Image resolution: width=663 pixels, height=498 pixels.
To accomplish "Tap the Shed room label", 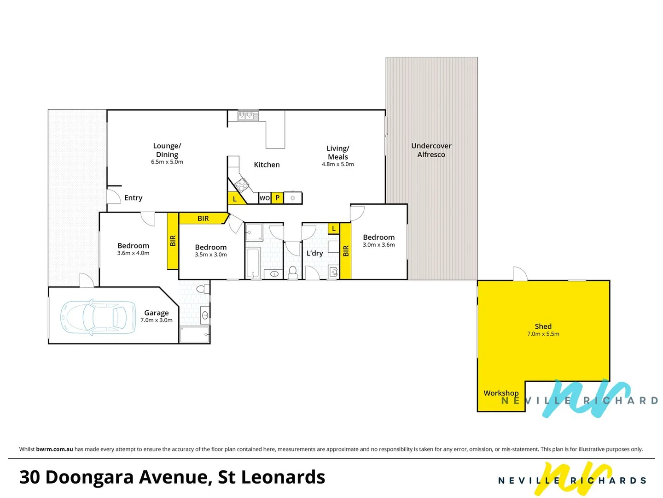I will (543, 326).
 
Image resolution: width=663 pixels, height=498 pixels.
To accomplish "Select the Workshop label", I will (500, 393).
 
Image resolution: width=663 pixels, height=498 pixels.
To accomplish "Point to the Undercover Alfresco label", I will (431, 150).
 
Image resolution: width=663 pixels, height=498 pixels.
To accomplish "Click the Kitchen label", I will (267, 165).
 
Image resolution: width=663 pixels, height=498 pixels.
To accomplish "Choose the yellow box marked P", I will (277, 198).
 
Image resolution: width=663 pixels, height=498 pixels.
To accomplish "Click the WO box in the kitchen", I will (264, 198).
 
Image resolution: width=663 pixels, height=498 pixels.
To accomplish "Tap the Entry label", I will (133, 198).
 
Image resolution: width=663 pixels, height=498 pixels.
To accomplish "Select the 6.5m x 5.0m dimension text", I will (167, 162).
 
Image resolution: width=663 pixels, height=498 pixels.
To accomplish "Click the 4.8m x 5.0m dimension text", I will (337, 164).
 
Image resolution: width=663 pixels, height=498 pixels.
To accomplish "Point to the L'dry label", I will (314, 253).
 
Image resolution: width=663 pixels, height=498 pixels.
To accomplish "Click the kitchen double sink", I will (248, 116).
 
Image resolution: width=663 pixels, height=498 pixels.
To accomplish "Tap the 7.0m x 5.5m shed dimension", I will (543, 334).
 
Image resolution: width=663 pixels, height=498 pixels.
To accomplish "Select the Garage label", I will (156, 313).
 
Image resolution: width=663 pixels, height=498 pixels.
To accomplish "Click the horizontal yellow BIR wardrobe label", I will (203, 219).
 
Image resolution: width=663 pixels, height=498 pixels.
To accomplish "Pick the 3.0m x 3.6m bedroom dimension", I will (378, 245).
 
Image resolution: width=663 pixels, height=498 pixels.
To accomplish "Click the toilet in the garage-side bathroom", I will (201, 289).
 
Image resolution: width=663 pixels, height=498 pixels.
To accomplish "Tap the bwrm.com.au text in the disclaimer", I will (54, 449).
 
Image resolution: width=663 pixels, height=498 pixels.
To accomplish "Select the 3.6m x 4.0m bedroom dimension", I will (133, 253).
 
